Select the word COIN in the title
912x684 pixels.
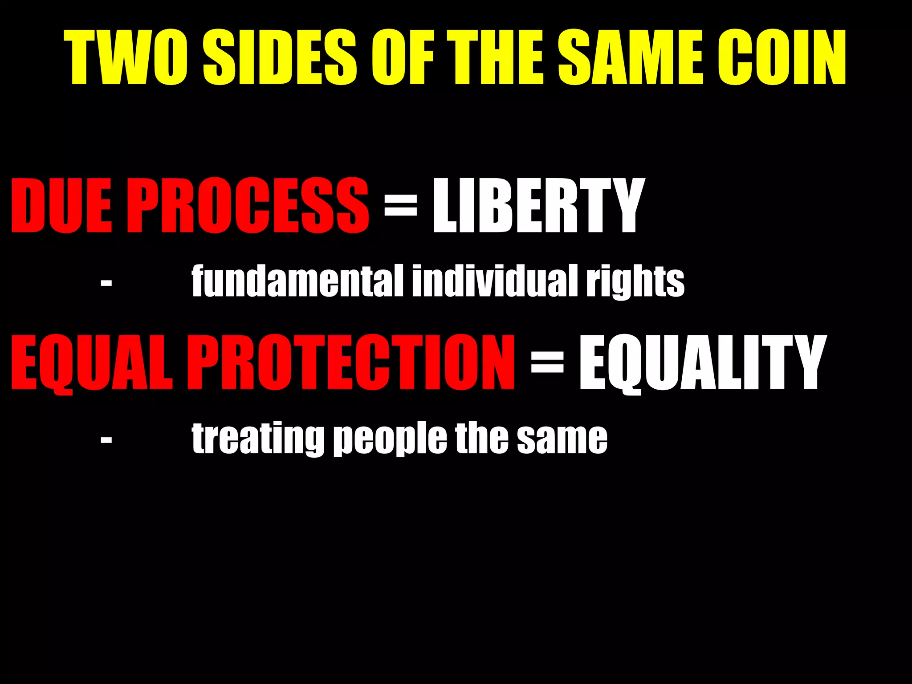[x=782, y=58]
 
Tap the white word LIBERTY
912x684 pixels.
[x=538, y=205]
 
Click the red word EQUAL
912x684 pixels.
[x=91, y=363]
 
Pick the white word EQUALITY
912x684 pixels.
[x=702, y=363]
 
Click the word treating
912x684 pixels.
[x=257, y=439]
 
